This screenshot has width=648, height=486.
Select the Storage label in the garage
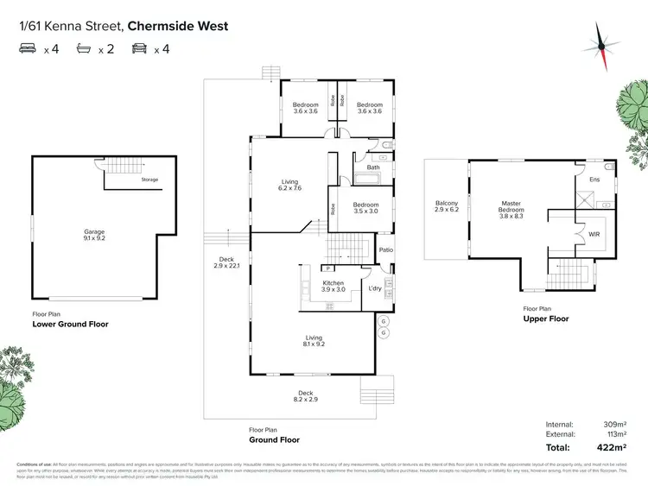(x=149, y=180)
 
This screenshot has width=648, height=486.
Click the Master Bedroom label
(x=511, y=207)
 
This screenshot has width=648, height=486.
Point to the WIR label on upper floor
(x=594, y=233)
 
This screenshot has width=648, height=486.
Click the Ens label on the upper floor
(x=594, y=180)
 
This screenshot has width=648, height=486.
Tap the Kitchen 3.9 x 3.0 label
(x=334, y=287)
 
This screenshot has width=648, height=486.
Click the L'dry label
(x=375, y=287)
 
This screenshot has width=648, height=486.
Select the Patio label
(x=386, y=250)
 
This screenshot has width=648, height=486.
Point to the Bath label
(x=373, y=167)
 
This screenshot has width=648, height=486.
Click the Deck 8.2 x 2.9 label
(x=306, y=396)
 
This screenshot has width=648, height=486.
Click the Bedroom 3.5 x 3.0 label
(x=366, y=207)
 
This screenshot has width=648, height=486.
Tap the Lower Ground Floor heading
(x=70, y=325)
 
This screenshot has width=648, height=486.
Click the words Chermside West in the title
(x=177, y=26)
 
